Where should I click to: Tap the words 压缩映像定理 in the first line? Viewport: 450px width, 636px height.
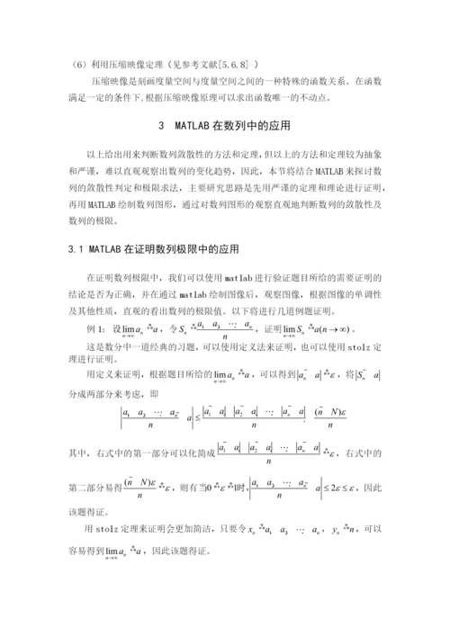pos(130,64)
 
